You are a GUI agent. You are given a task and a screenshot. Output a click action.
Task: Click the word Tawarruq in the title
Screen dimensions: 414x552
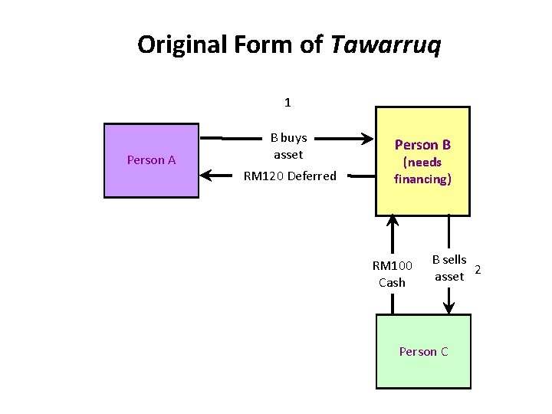pyautogui.click(x=386, y=45)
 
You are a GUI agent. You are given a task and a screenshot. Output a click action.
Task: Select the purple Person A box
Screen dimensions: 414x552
pyautogui.click(x=151, y=160)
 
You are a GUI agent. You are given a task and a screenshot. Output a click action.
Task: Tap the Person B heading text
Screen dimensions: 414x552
pyautogui.click(x=422, y=144)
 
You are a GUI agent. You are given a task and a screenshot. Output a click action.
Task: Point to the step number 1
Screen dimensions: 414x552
pyautogui.click(x=287, y=102)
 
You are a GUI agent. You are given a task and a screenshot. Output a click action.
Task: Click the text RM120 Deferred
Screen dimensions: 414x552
pyautogui.click(x=290, y=176)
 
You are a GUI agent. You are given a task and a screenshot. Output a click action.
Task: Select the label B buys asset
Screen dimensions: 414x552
pyautogui.click(x=288, y=146)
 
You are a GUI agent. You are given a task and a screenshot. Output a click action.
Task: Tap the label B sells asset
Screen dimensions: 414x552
pyautogui.click(x=449, y=268)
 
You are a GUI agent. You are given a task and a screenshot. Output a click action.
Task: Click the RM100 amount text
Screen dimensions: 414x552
pyautogui.click(x=393, y=266)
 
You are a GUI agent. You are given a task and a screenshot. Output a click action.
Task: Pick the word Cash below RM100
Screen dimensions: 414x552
pyautogui.click(x=392, y=282)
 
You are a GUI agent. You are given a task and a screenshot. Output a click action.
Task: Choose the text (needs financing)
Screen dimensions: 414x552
pyautogui.click(x=422, y=170)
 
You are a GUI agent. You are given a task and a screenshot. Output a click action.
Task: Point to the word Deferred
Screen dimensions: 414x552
pyautogui.click(x=311, y=176)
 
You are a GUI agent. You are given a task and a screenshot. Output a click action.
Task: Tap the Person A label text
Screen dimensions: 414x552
pyautogui.click(x=151, y=159)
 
